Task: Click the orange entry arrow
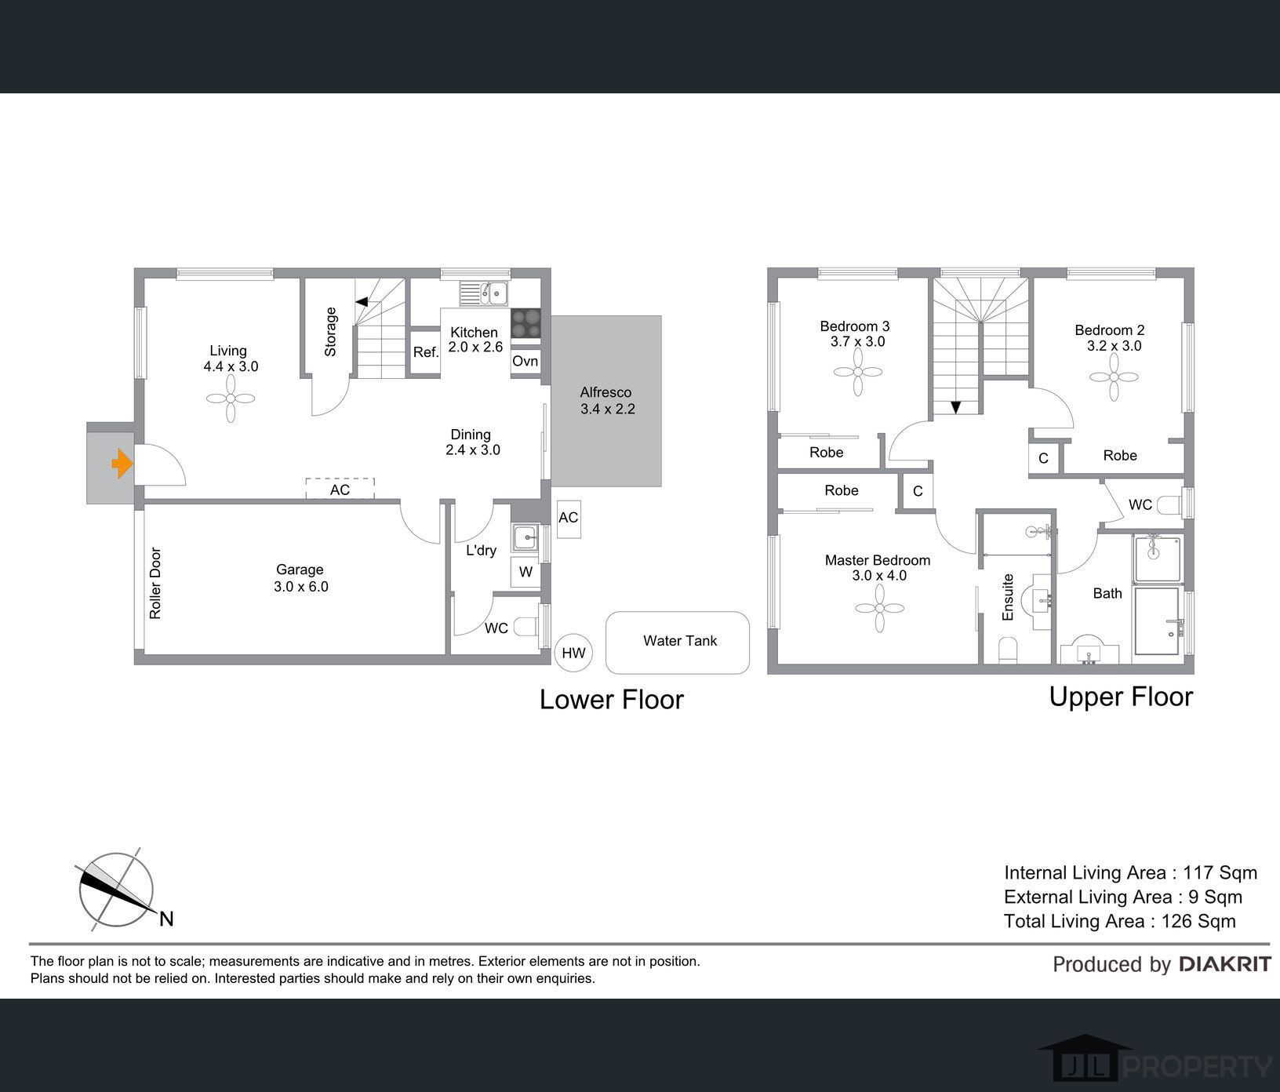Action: coord(122,463)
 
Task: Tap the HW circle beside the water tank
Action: coord(573,653)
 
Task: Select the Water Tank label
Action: coord(680,641)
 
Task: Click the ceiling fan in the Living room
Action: coord(231,399)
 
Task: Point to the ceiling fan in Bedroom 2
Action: coord(1114,377)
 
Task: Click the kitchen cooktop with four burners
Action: coord(525,323)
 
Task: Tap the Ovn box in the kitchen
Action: coord(525,362)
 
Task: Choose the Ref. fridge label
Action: coord(426,353)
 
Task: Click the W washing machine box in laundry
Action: coord(525,572)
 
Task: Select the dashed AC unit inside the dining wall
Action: coord(340,489)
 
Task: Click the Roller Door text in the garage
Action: coord(155,583)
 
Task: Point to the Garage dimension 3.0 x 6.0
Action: coord(301,586)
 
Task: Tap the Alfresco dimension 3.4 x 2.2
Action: coord(608,409)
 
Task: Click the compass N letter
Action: coord(166,919)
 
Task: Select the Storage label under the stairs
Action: coord(330,332)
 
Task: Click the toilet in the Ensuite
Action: coord(1009,650)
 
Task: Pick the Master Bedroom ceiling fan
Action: coord(879,608)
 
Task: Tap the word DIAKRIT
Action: coord(1225,964)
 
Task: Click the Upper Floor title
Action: coord(1121,697)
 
